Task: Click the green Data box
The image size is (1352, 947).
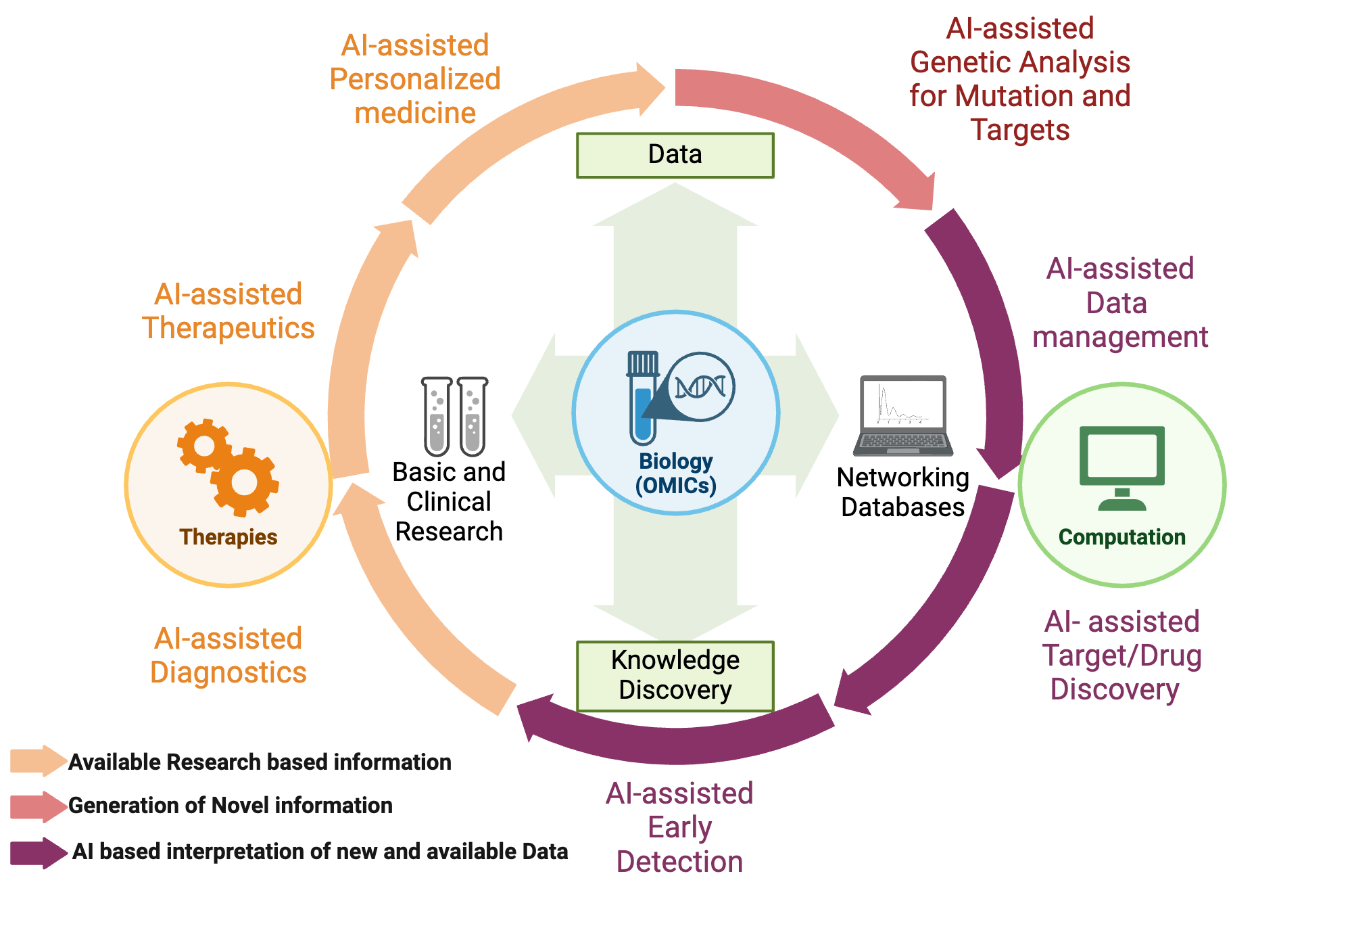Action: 675,156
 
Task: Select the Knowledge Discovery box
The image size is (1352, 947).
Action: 675,676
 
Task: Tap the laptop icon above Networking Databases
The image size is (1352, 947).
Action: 902,416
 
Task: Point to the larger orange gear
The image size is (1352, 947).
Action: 245,482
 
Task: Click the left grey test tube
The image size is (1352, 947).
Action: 437,417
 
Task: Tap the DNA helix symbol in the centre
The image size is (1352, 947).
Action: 700,387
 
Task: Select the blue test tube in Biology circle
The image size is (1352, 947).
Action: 642,399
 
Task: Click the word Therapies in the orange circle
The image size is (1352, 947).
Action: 228,537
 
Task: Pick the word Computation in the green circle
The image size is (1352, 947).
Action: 1121,537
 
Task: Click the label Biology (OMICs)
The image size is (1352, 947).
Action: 675,473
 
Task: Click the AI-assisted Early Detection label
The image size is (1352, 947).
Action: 679,827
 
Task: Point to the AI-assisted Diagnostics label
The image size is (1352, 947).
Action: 228,655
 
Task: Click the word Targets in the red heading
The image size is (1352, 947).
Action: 1019,130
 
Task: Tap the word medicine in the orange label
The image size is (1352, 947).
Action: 415,113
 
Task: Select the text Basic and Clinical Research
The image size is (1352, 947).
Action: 449,501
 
